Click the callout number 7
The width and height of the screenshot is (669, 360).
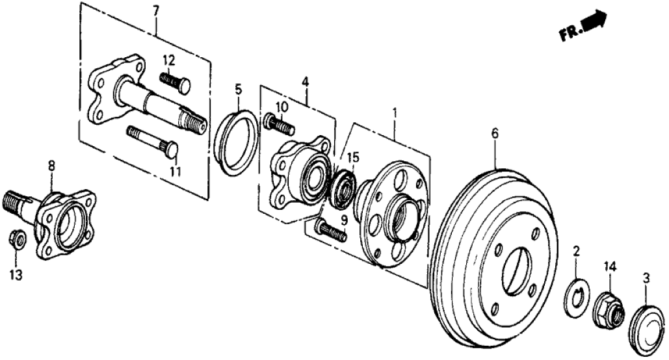[x=156, y=11]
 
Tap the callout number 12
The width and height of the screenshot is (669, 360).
[x=168, y=61]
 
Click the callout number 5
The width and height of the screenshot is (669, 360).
[x=238, y=88]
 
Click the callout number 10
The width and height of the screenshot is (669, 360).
[x=281, y=106]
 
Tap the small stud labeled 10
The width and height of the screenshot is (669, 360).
[x=278, y=123]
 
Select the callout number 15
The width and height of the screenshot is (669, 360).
[x=352, y=157]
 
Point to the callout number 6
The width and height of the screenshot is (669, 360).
[x=495, y=134]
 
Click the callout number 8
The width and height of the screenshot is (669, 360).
[x=52, y=166]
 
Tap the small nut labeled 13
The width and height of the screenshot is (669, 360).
[x=19, y=240]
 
